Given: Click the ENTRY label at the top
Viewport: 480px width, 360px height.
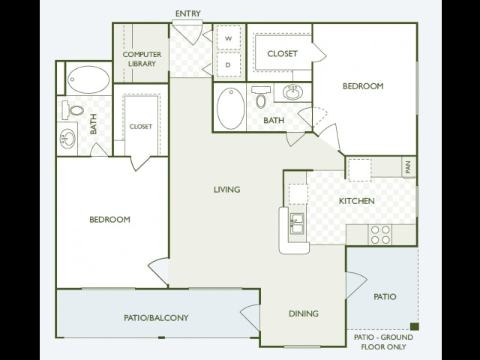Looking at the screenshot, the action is (188, 13).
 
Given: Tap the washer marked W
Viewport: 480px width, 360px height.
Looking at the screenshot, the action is (228, 37).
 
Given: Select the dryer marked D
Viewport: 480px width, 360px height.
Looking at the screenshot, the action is (228, 64).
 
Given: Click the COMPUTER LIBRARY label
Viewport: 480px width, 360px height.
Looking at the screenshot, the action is (142, 58).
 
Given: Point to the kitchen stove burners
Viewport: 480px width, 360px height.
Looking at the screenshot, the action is (380, 235).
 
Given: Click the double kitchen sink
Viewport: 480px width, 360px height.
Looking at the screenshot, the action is (297, 223).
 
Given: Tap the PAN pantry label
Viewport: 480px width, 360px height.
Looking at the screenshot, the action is (408, 167).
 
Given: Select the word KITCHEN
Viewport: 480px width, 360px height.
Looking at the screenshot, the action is (357, 201).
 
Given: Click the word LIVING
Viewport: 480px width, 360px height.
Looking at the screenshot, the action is (226, 190).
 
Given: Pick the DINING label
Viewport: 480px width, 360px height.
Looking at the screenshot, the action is (304, 313).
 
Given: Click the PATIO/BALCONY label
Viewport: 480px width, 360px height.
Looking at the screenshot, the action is (156, 318).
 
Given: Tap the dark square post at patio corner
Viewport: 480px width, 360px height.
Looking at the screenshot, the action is (415, 327).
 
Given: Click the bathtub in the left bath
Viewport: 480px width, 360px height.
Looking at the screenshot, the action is (88, 79).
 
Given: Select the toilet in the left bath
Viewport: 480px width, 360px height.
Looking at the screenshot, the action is (73, 110).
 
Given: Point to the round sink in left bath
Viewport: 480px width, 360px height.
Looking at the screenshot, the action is (67, 139).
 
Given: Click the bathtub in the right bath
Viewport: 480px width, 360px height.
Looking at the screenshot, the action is (231, 108).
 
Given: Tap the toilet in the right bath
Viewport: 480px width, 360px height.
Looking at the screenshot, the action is (261, 97).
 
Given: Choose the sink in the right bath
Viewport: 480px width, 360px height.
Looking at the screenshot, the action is (293, 91).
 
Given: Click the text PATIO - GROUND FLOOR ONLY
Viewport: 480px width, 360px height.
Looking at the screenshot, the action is (383, 342).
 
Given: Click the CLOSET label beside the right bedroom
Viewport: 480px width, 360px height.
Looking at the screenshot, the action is (282, 53).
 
